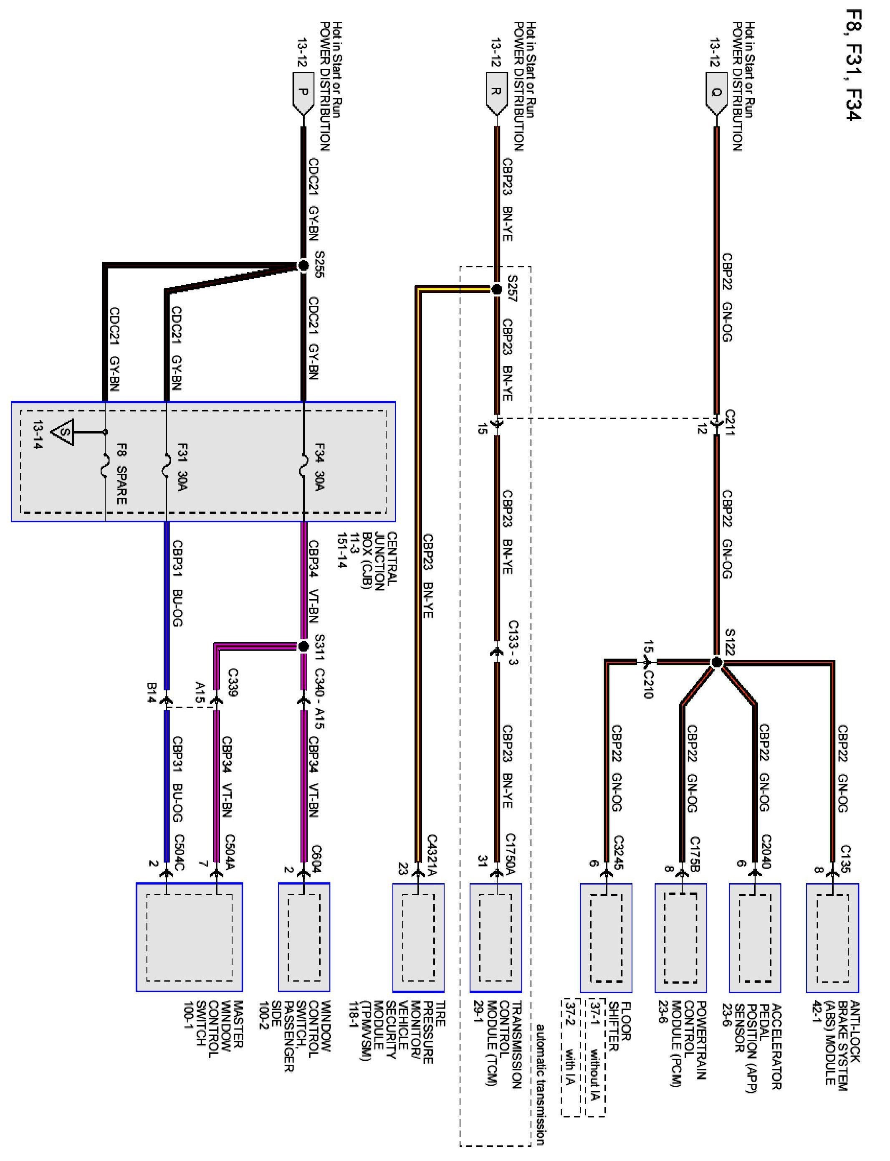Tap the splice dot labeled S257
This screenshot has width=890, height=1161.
(496, 289)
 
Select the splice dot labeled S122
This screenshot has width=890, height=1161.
(716, 662)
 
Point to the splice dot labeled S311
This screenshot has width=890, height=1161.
(303, 646)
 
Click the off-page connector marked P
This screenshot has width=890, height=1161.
(303, 94)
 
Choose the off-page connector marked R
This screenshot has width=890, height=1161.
(496, 94)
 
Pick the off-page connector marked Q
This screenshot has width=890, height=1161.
(716, 94)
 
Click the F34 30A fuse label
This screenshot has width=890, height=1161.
(319, 466)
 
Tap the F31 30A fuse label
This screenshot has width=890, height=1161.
(183, 466)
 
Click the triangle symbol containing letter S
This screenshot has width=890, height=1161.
(63, 433)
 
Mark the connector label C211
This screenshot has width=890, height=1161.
(730, 422)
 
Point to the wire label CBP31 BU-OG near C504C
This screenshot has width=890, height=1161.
(178, 779)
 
